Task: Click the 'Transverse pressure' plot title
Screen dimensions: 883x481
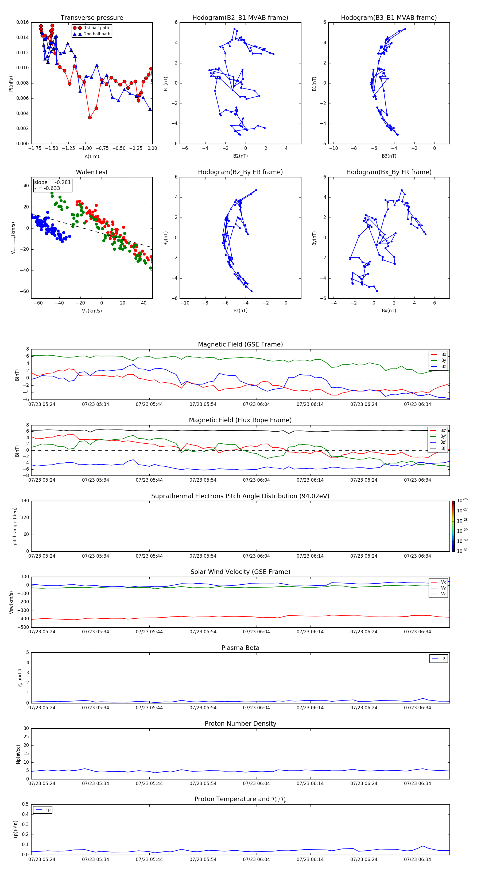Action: click(92, 18)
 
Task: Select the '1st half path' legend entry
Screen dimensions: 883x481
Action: click(96, 28)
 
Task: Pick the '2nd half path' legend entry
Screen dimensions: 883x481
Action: click(97, 34)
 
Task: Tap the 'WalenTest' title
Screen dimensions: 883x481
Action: click(92, 172)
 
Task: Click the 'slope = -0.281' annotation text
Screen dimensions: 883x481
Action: click(52, 182)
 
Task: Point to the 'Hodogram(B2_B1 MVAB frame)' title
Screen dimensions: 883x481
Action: click(240, 18)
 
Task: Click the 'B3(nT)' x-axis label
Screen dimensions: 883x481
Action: click(389, 156)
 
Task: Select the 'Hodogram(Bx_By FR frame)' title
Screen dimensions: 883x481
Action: click(389, 172)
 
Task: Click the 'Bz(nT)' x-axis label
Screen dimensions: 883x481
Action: click(240, 311)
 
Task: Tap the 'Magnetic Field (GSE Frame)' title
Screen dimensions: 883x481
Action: click(240, 344)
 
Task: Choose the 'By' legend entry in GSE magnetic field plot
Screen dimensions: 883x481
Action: click(443, 360)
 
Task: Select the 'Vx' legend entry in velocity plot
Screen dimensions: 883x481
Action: click(443, 582)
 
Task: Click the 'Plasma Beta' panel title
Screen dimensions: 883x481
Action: click(240, 648)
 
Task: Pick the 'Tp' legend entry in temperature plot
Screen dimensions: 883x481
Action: click(48, 810)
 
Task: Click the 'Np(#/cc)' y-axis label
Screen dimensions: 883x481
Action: click(18, 754)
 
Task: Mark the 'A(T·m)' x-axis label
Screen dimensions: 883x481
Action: click(92, 157)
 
